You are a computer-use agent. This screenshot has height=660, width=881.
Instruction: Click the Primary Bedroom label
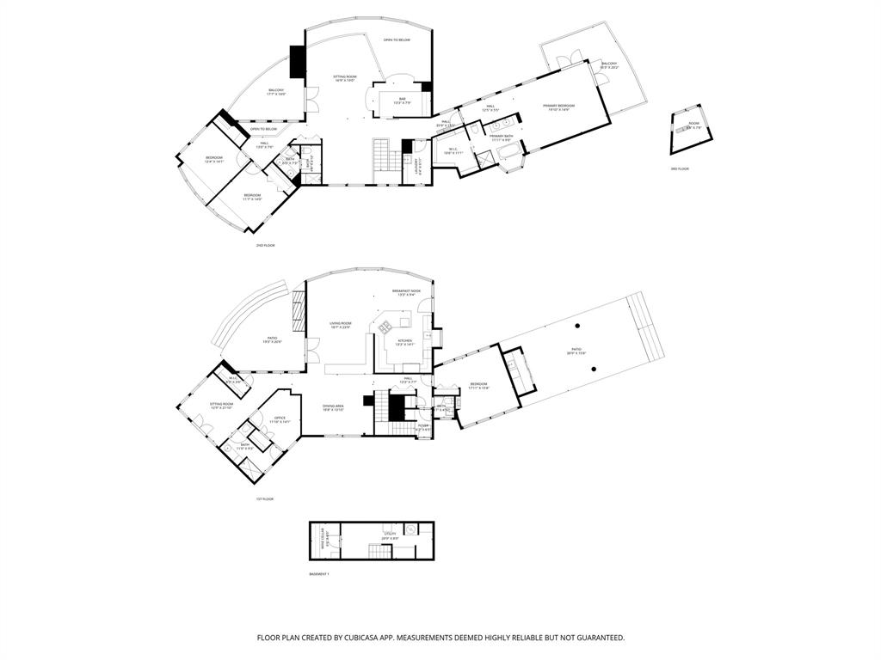click(x=558, y=107)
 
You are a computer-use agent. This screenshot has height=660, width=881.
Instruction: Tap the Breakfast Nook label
click(x=405, y=291)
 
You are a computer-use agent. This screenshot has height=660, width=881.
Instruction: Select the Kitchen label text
click(x=404, y=341)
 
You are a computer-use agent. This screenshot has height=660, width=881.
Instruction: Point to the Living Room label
click(x=341, y=324)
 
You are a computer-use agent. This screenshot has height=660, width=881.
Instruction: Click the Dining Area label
click(x=333, y=406)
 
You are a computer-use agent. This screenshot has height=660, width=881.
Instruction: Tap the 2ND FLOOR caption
click(x=265, y=246)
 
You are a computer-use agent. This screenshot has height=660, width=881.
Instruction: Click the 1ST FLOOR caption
click(x=265, y=498)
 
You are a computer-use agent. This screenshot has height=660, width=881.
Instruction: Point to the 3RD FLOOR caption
click(x=680, y=168)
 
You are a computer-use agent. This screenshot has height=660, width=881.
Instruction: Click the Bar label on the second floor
click(x=402, y=100)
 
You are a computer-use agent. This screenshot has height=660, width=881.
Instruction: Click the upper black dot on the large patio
click(x=578, y=324)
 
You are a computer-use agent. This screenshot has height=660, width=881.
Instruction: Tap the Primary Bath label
click(x=501, y=137)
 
